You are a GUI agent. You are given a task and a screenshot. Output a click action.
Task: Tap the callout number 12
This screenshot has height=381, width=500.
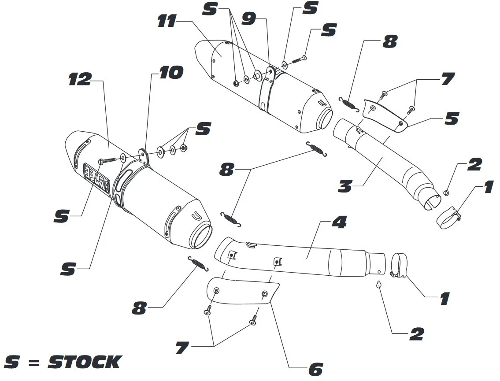(80, 79)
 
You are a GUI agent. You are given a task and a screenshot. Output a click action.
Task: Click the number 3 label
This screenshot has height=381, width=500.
(345, 186)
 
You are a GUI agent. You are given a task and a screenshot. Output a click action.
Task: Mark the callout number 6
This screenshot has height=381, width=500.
(315, 369)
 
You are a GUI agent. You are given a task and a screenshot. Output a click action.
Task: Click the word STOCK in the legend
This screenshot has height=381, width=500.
(84, 362)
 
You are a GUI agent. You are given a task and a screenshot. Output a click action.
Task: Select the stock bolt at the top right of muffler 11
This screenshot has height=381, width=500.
(298, 58)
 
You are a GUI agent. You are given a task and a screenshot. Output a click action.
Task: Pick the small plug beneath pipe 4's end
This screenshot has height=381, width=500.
(379, 284)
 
